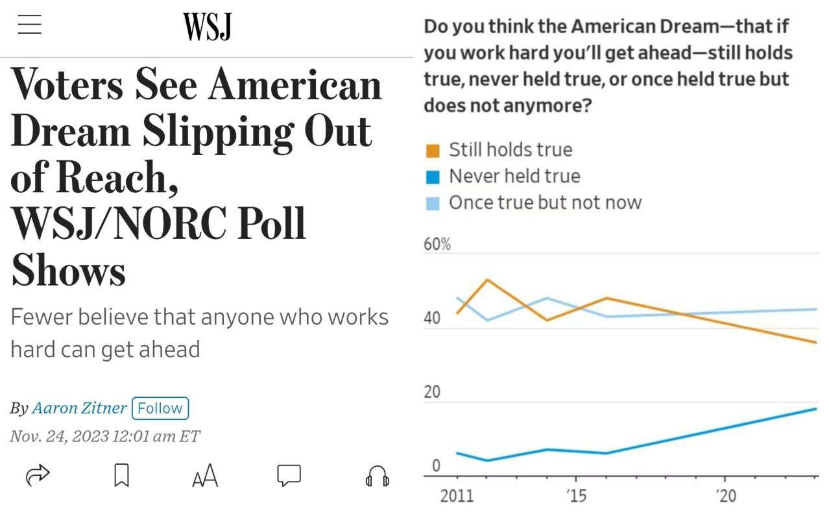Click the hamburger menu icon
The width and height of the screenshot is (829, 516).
point(29,24)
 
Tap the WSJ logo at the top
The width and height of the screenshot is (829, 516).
point(207,27)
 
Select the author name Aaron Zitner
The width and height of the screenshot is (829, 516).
point(79,408)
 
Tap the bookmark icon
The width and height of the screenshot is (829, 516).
point(121,476)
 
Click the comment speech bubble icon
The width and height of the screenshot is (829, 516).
point(289,475)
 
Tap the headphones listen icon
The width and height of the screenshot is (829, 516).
point(377,477)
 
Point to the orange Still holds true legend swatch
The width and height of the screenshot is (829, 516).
point(433,151)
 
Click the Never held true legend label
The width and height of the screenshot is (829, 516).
point(514,176)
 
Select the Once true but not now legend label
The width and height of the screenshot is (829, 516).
point(545,203)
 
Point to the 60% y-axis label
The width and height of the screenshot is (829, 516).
point(437,245)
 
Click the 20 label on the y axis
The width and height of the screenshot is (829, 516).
point(432,392)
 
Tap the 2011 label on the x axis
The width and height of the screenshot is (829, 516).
point(457,497)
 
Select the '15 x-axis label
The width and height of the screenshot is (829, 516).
point(576,497)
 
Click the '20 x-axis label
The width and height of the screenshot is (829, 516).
point(726,497)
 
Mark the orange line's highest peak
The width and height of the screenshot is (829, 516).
point(487,280)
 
